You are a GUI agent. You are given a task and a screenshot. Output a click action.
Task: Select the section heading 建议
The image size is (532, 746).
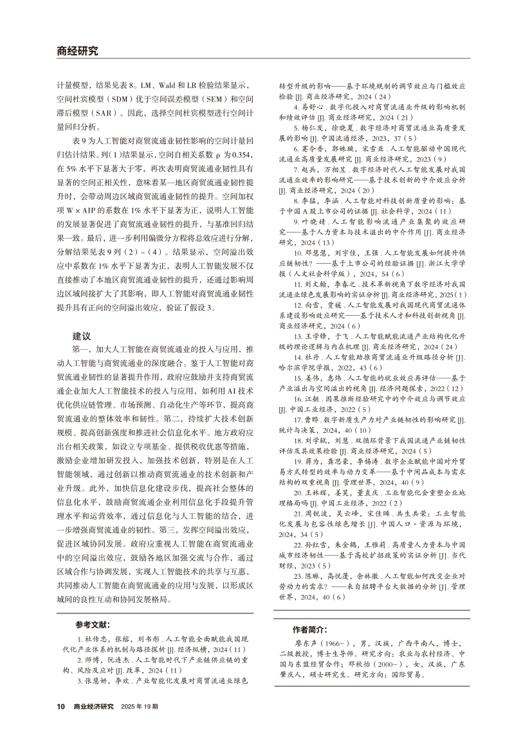[82, 336]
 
